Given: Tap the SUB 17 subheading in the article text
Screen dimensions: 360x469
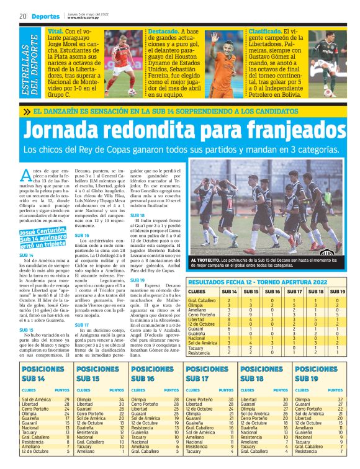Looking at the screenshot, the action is [81, 325].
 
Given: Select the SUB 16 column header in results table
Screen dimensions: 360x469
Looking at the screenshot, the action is [272, 290].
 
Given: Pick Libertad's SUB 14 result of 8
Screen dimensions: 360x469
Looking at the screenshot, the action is [230, 319].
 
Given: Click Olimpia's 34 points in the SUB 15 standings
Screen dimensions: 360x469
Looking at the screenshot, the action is [122, 400].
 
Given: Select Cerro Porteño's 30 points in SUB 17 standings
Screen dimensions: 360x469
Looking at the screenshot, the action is [231, 400].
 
